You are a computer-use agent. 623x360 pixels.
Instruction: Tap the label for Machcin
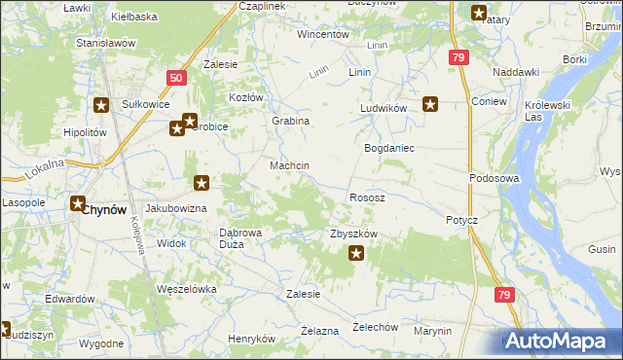coord(289,166)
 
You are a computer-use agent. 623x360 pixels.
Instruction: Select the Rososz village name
coord(368,198)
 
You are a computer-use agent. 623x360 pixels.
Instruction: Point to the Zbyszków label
coord(353,234)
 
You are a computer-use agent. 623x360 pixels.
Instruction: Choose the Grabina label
coord(290,121)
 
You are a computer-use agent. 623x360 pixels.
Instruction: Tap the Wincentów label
coord(323,34)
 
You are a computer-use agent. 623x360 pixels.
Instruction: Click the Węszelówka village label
coord(186,289)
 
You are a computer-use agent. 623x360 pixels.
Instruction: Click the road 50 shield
coord(175,78)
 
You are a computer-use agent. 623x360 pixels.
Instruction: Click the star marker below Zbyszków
coord(356,255)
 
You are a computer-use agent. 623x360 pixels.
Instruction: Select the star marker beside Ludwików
coord(429,103)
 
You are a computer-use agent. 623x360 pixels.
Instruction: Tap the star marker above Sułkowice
coord(100,105)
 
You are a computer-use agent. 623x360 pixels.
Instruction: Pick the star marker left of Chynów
coord(77,204)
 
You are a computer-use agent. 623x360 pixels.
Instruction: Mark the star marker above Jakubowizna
coord(201,182)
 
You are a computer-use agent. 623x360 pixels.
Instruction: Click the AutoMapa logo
coord(559,341)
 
